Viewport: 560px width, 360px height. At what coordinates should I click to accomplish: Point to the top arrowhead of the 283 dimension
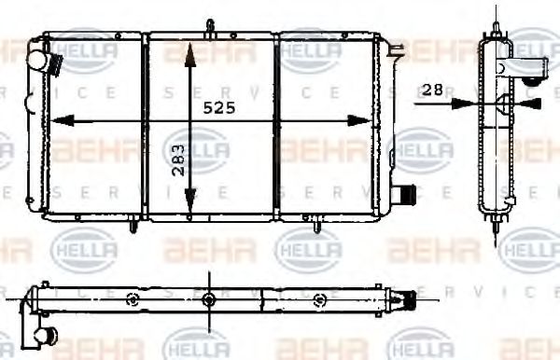pyautogui.click(x=189, y=48)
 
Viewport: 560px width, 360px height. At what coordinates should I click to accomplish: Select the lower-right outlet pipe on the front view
pyautogui.click(x=401, y=196)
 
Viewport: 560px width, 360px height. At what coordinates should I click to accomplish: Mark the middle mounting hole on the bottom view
pyautogui.click(x=208, y=299)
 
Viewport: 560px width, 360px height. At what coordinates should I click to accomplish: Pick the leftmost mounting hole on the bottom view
pyautogui.click(x=133, y=299)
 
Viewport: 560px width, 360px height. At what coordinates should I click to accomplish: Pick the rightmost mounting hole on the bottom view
pyautogui.click(x=320, y=299)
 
